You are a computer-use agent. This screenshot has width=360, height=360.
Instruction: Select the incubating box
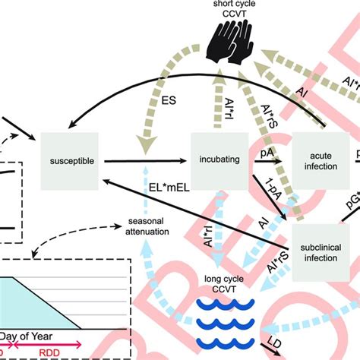point(219,159)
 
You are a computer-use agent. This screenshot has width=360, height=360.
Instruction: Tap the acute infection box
point(319,161)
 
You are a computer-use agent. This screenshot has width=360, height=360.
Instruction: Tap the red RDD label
point(49,352)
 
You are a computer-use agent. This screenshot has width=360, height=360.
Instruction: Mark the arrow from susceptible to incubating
point(144,161)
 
